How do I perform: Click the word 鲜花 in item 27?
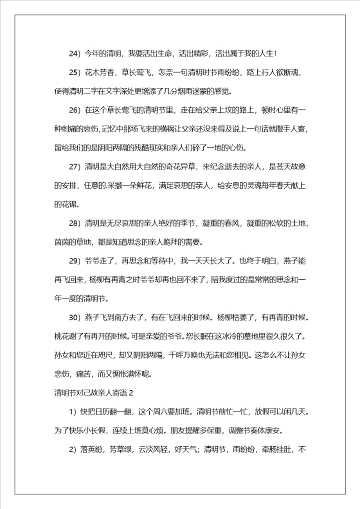coord(151,185)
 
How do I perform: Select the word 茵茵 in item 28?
coord(62,242)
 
